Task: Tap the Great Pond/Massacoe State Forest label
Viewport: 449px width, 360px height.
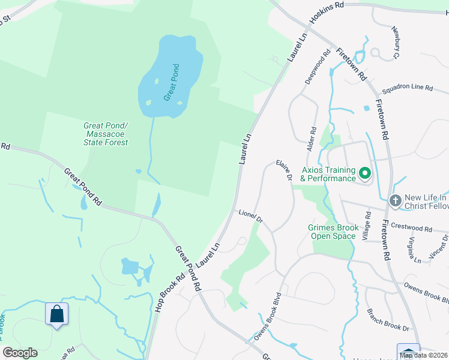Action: (106, 134)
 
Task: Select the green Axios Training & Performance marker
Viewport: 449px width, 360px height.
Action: (364, 174)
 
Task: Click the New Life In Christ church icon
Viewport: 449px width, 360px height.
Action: (395, 200)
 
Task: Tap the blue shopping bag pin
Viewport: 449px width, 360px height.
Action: (56, 313)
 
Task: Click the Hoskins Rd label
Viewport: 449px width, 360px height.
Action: (327, 12)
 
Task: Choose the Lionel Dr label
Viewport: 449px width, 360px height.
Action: (251, 217)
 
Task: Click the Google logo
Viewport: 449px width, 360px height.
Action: (20, 353)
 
